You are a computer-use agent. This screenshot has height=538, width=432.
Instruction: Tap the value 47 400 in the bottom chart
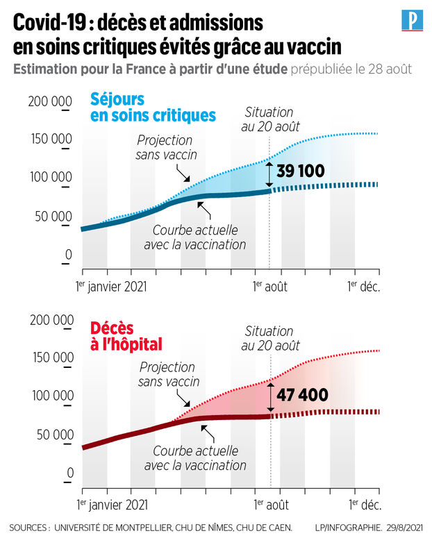click(302, 395)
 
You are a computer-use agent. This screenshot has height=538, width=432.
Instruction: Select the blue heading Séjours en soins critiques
click(153, 106)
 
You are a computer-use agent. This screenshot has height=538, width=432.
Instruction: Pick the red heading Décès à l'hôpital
click(126, 335)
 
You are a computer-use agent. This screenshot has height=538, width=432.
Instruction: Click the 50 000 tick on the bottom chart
click(52, 435)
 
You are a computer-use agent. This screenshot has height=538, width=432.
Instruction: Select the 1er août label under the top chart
click(269, 285)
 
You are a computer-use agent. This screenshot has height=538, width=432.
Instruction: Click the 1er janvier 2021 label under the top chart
click(111, 285)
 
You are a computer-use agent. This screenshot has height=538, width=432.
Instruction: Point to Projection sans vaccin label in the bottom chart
click(169, 374)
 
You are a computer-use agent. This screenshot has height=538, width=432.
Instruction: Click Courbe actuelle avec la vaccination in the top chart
click(195, 237)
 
